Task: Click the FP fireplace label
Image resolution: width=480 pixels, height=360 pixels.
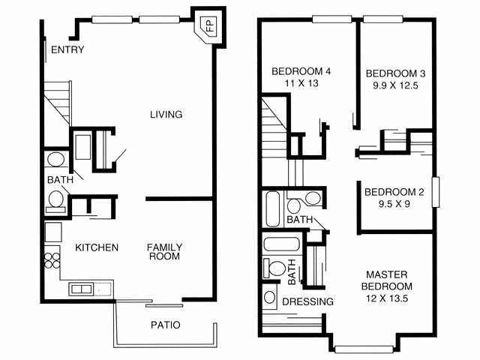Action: pyautogui.click(x=210, y=25)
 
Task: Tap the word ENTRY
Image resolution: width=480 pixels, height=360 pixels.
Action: pyautogui.click(x=67, y=49)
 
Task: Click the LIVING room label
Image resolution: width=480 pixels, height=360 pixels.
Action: pyautogui.click(x=166, y=115)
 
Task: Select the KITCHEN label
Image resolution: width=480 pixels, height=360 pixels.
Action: pyautogui.click(x=97, y=247)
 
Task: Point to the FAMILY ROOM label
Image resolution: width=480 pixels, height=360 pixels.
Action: pyautogui.click(x=164, y=252)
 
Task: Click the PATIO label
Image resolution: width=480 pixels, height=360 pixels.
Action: pyautogui.click(x=166, y=325)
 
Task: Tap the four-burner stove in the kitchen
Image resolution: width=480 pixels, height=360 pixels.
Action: pyautogui.click(x=52, y=260)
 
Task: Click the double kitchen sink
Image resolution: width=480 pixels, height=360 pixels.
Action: pyautogui.click(x=81, y=289)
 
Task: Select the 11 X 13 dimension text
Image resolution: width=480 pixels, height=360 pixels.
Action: pyautogui.click(x=301, y=83)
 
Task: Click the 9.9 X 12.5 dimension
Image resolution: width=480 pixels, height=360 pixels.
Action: pyautogui.click(x=395, y=85)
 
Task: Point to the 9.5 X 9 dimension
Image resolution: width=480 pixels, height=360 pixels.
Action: pyautogui.click(x=394, y=203)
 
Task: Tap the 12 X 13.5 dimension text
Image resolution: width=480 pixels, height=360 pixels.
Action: pyautogui.click(x=387, y=298)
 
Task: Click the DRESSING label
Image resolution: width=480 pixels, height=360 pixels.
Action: pyautogui.click(x=308, y=301)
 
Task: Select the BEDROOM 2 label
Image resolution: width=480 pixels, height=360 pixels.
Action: pyautogui.click(x=394, y=192)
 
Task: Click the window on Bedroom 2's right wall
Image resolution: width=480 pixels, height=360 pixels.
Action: pyautogui.click(x=436, y=192)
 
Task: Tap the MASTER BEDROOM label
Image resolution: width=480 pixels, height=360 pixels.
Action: pyautogui.click(x=387, y=280)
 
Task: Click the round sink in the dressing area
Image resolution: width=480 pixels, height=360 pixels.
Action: pyautogui.click(x=270, y=297)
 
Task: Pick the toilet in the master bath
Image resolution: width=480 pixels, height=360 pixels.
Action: pyautogui.click(x=274, y=268)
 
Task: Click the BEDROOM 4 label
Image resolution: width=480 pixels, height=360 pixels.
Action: pyautogui.click(x=301, y=72)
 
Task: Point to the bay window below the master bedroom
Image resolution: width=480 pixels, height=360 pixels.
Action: pyautogui.click(x=364, y=349)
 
